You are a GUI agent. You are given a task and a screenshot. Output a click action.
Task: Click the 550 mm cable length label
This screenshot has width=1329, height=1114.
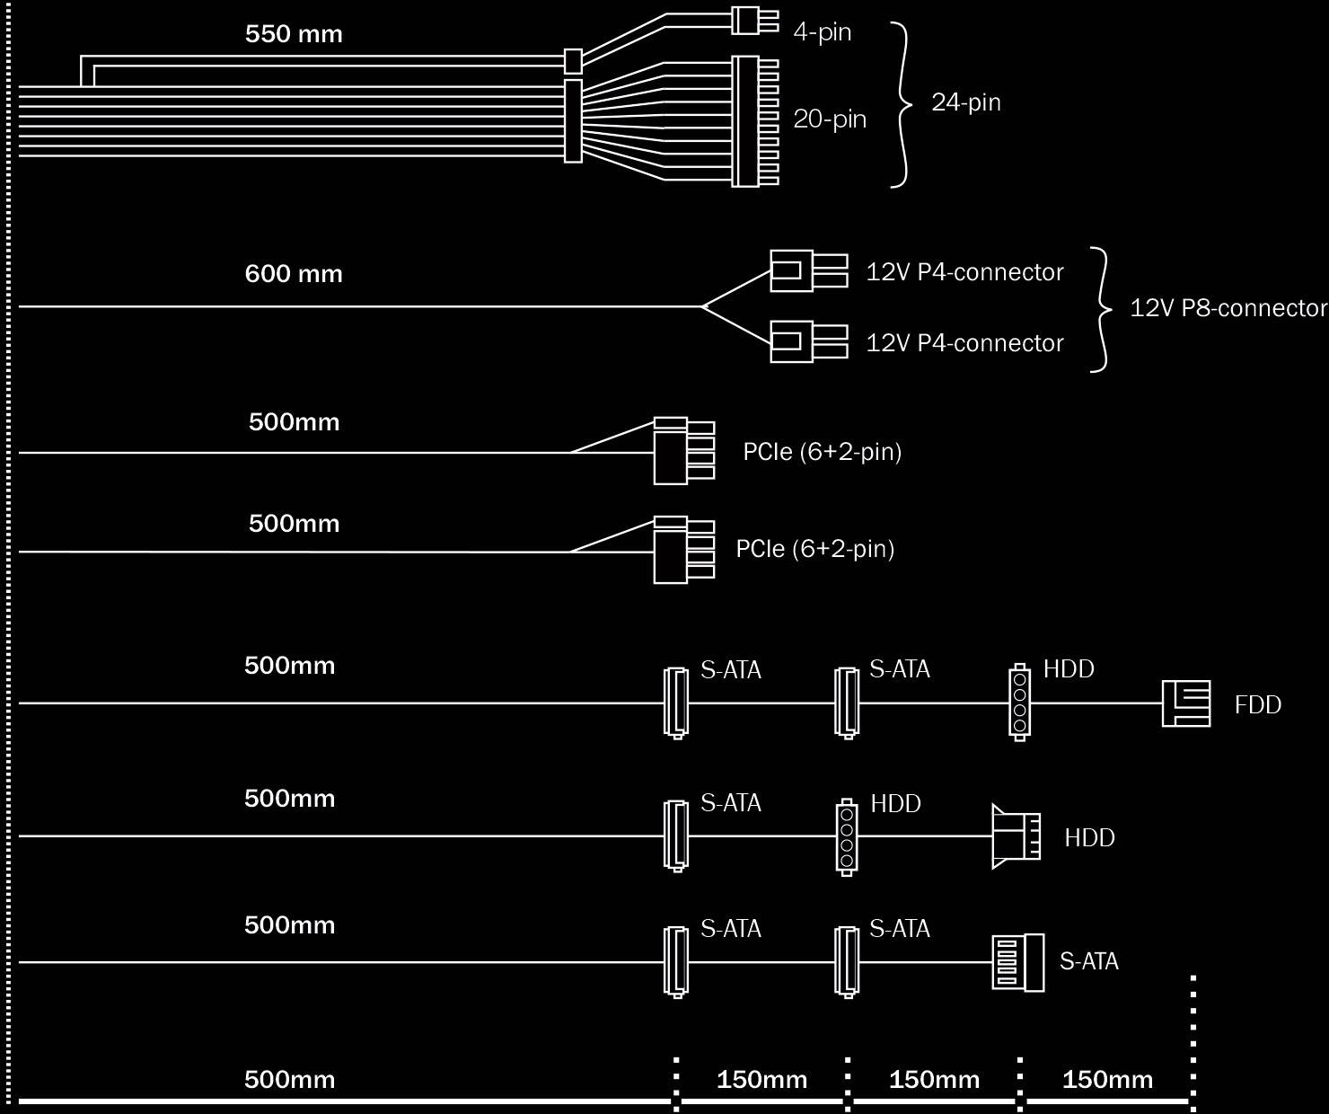click(294, 35)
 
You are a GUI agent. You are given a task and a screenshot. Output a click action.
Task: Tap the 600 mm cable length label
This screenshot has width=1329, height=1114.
click(294, 274)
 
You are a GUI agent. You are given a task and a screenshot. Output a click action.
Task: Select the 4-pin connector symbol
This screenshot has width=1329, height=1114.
click(753, 21)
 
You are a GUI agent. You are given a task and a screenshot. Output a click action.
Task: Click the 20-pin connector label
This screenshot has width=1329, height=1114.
click(830, 119)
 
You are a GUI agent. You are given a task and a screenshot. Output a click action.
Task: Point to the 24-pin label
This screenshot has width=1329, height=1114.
click(966, 102)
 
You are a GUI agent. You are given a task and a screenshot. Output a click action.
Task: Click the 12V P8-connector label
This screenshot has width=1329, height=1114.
click(1228, 308)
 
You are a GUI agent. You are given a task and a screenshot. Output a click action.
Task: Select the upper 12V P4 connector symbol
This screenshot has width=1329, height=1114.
click(807, 270)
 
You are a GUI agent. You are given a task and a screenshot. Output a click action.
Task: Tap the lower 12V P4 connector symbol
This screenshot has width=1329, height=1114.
click(807, 341)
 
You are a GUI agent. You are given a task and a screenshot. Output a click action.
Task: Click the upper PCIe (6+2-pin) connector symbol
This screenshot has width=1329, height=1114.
click(683, 451)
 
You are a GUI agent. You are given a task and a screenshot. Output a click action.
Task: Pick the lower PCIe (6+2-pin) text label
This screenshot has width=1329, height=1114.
click(815, 549)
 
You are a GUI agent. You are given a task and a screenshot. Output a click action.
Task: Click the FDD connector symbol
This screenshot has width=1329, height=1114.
click(1185, 703)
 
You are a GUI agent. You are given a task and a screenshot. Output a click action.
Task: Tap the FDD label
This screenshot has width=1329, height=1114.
click(1257, 705)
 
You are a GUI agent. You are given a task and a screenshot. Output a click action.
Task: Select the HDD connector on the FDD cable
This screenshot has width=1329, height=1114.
click(1019, 703)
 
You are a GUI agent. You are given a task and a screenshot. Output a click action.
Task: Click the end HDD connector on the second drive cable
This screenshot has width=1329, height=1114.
click(1016, 836)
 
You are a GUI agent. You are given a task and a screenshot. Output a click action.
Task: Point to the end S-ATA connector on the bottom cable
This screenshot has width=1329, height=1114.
click(1017, 962)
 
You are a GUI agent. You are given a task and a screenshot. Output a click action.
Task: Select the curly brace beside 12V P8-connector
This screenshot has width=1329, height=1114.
click(1100, 309)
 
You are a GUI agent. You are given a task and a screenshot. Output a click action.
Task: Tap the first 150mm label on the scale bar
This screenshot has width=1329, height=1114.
click(761, 1080)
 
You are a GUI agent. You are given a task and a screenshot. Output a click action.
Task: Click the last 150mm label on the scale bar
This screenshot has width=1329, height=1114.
click(1107, 1080)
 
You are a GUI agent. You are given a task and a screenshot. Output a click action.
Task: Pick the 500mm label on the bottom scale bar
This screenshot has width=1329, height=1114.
click(289, 1080)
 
